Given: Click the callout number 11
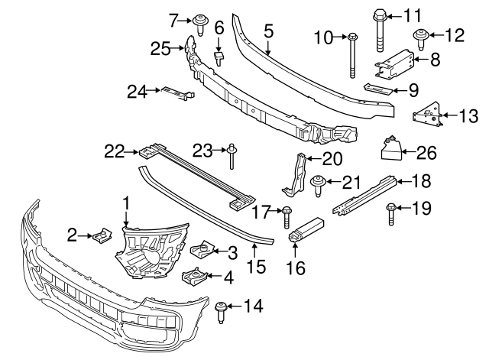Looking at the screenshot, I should coord(412,15).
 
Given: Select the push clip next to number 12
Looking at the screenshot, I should coord(420,35).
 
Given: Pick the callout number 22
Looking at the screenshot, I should coord(114,152).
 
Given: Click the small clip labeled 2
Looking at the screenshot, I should coord(100,239).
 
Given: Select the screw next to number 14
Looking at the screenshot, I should coord(222,310).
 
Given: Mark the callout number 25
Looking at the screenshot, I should coord(159,49).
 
